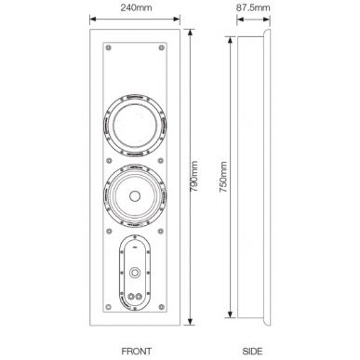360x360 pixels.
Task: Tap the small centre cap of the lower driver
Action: click(137, 196)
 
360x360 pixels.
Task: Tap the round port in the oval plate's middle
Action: click(137, 273)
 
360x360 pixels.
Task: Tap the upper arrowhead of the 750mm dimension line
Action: click(228, 39)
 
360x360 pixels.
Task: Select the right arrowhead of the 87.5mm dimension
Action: click(273, 24)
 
